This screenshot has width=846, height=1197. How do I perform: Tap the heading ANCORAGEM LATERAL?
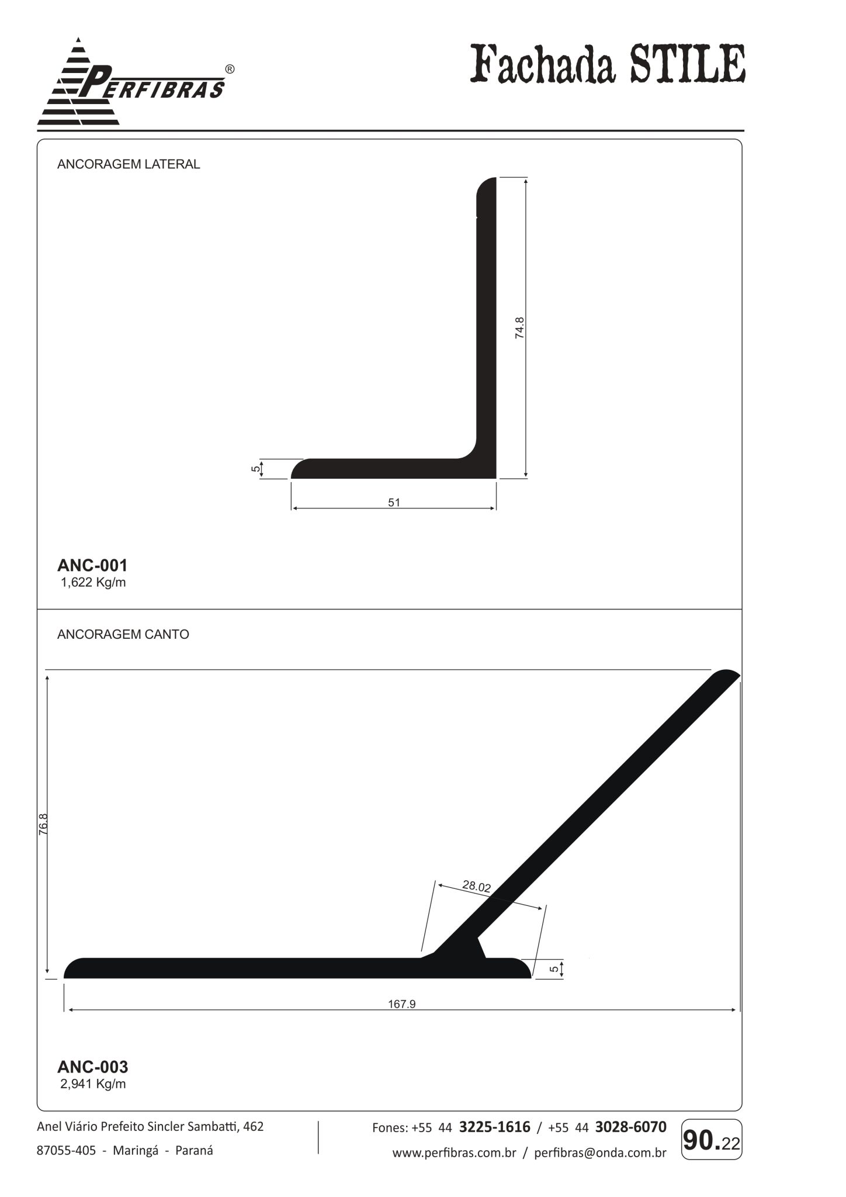(x=129, y=164)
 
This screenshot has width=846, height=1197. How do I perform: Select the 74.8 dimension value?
(x=519, y=328)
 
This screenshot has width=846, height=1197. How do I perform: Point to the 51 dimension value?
(x=394, y=502)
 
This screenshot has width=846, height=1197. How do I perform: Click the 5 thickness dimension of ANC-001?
(x=256, y=469)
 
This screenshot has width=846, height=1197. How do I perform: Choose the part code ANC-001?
(x=92, y=565)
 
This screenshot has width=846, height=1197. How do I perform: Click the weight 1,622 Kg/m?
(x=93, y=582)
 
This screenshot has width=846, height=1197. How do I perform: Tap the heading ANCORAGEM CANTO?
(x=123, y=634)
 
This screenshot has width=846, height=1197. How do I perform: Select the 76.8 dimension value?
(x=43, y=824)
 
